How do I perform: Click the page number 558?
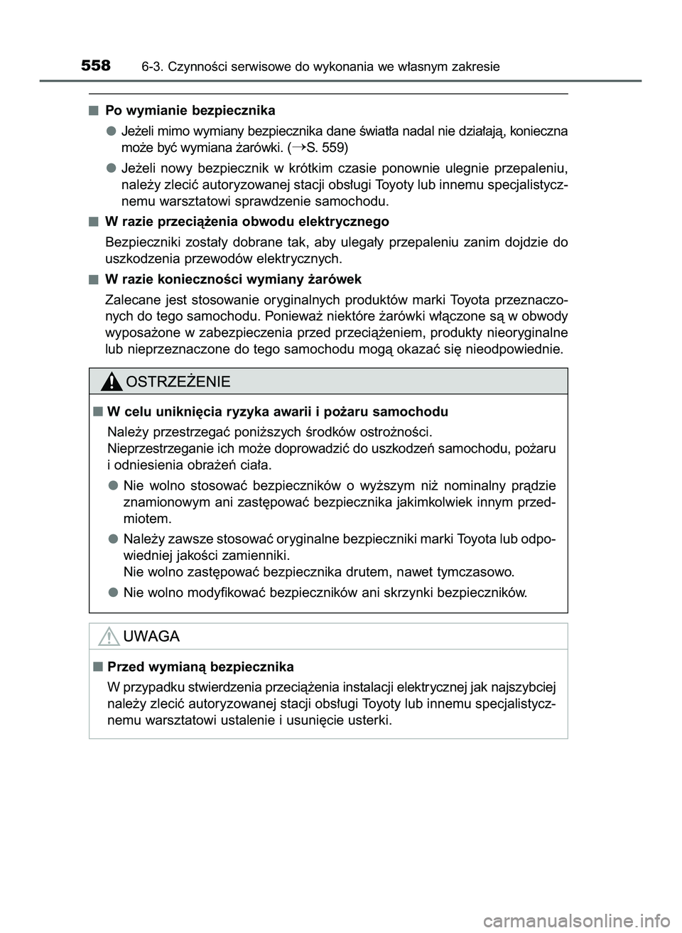click(95, 66)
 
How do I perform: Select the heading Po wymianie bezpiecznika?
click(190, 111)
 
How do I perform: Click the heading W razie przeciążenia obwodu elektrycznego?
click(247, 222)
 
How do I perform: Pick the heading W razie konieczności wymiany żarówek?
click(233, 279)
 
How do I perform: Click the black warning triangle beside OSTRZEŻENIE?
click(111, 382)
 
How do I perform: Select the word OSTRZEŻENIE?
click(178, 382)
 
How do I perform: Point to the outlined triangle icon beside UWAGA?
click(109, 637)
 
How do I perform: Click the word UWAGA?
click(151, 637)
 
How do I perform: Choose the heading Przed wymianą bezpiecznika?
click(200, 667)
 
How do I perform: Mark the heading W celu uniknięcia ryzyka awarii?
click(277, 411)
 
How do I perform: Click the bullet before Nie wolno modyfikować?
click(114, 592)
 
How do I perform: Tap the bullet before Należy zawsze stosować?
click(114, 539)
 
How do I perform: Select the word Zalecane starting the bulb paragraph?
click(130, 299)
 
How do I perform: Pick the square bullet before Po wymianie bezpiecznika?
click(94, 111)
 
